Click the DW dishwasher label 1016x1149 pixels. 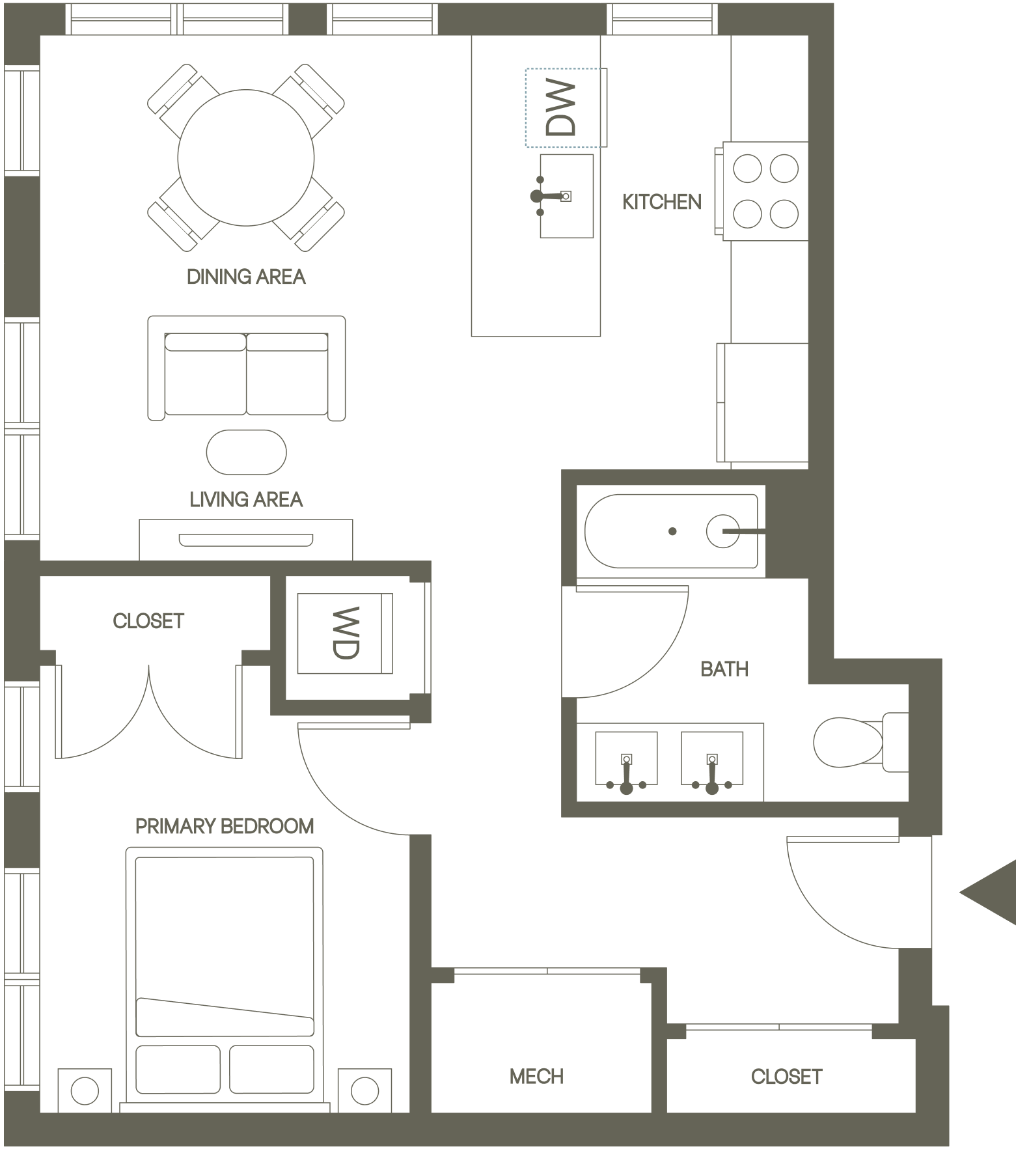tap(560, 107)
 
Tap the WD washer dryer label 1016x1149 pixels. tap(346, 633)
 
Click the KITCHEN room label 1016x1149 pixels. tap(662, 202)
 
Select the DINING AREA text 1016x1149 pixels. tap(246, 277)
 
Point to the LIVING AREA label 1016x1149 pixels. tap(246, 499)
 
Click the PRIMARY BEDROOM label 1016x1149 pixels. tap(225, 826)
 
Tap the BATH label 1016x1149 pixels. tap(724, 669)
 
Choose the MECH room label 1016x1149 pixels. tap(536, 1076)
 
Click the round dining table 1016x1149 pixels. tap(246, 158)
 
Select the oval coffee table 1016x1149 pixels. tap(246, 452)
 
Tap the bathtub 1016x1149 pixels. tap(671, 531)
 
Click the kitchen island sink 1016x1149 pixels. tap(566, 196)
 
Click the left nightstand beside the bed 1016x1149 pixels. tap(84, 1090)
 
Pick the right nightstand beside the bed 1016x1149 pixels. tap(364, 1090)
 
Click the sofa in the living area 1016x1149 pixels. tap(246, 368)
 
